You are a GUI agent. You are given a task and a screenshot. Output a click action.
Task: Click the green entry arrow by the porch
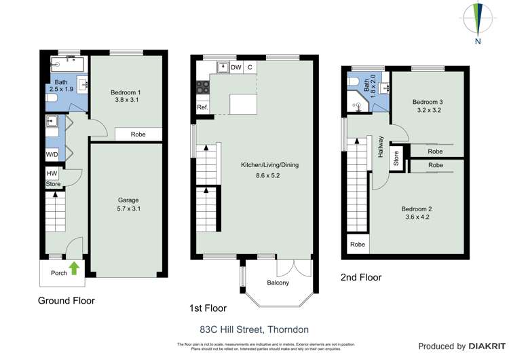pos(75,268)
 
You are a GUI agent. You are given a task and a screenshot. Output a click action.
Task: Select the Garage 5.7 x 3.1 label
pos(128,204)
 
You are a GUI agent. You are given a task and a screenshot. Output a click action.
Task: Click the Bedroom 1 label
pos(126,96)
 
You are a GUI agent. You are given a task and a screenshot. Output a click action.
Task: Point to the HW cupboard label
pos(52,173)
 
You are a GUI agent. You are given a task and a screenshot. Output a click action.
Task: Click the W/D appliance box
pos(52,154)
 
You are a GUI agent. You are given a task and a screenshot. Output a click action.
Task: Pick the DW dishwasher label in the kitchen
pos(235,67)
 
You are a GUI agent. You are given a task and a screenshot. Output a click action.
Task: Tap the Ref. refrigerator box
pos(202,107)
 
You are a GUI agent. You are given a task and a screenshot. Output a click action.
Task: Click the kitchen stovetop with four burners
pos(202,86)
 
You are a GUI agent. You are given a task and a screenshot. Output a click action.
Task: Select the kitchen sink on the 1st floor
pos(222,67)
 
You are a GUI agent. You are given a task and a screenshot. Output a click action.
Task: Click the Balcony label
pos(278,283)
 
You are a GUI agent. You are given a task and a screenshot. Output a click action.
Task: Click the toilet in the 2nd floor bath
pos(354,83)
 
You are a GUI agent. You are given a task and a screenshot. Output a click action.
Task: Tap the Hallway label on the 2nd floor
pos(381,147)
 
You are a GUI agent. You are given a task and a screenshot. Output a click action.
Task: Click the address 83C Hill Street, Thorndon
pos(254,329)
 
